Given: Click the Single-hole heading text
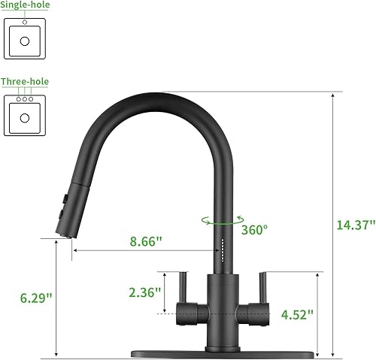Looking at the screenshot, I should (x=30, y=5).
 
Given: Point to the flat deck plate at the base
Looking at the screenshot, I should (x=221, y=353).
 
